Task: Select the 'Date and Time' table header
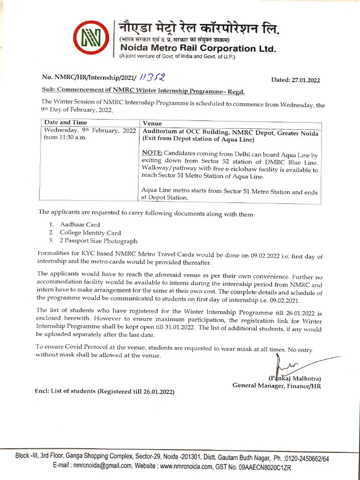pyautogui.click(x=66, y=122)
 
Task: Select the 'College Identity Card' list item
pyautogui.click(x=90, y=232)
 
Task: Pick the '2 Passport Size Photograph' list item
pyautogui.click(x=98, y=241)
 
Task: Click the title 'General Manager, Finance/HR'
pyautogui.click(x=277, y=386)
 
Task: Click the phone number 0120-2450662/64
pyautogui.click(x=307, y=457)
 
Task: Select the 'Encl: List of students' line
pyautogui.click(x=106, y=391)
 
